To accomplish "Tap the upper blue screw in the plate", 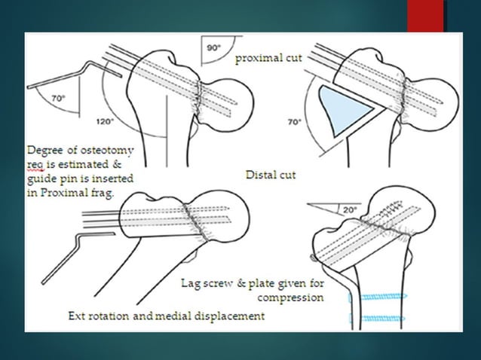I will (374, 298).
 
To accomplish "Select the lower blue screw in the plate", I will (374, 318).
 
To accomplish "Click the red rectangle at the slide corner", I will (427, 16).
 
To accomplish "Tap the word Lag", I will (191, 283).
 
